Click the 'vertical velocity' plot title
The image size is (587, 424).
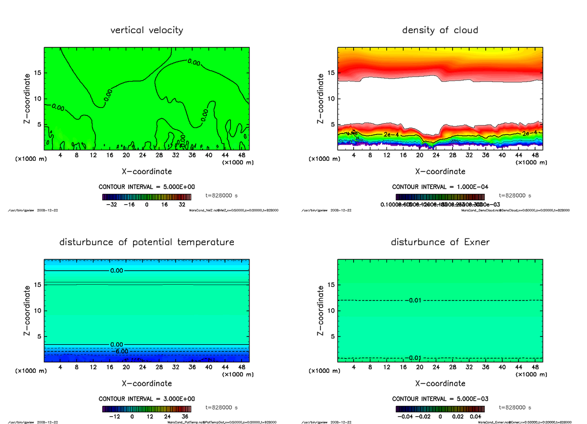pyautogui.click(x=147, y=30)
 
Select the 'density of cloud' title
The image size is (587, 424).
pyautogui.click(x=440, y=30)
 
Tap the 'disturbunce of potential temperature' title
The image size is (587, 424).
pyautogui.click(x=147, y=242)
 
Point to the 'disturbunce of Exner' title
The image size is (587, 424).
pyautogui.click(x=440, y=242)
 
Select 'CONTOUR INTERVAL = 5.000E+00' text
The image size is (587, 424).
pyautogui.click(x=146, y=187)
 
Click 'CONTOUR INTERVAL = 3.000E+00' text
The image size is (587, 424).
pyautogui.click(x=146, y=399)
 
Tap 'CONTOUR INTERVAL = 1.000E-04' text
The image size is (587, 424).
pyautogui.click(x=440, y=187)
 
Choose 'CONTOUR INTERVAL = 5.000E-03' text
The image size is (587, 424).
pyautogui.click(x=440, y=399)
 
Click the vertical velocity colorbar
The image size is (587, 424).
pyautogui.click(x=147, y=197)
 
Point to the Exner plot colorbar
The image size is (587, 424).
pyautogui.click(x=440, y=408)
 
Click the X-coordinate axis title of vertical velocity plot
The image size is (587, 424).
pyautogui.click(x=147, y=171)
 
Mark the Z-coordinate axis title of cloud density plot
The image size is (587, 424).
pyautogui.click(x=321, y=98)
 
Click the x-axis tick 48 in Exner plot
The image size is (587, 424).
pyautogui.click(x=536, y=367)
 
